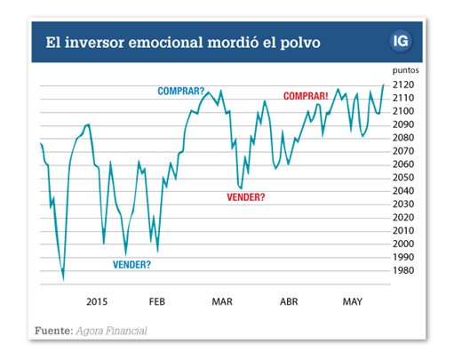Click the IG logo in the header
click(401, 41)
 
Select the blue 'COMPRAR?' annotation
click(181, 91)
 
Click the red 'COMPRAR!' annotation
click(306, 96)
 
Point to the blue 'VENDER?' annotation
click(131, 265)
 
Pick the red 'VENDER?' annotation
click(246, 197)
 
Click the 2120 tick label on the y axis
click(403, 84)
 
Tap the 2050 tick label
click(403, 178)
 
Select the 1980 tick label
click(403, 270)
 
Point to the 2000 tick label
click(403, 244)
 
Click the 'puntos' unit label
click(406, 70)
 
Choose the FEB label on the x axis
click(157, 301)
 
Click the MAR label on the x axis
click(222, 301)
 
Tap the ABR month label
click(289, 301)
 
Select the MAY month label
click(353, 301)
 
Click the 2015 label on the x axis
click(97, 301)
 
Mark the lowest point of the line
click(63, 280)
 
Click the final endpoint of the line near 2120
click(384, 84)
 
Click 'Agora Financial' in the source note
click(111, 331)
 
